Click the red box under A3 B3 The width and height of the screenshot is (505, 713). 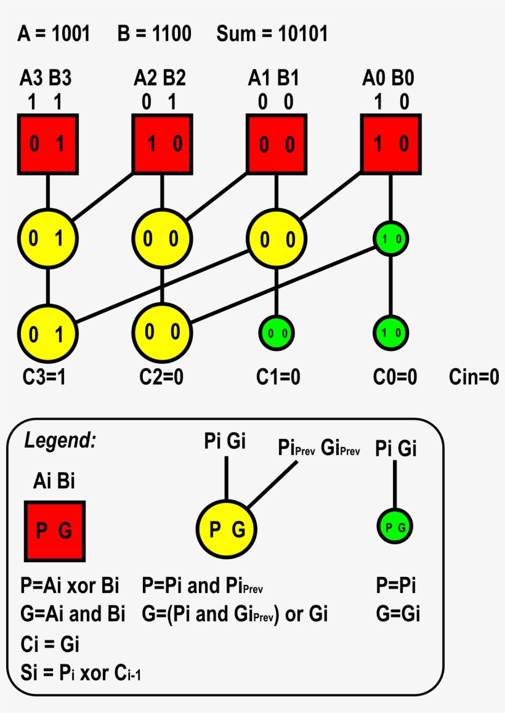(47, 144)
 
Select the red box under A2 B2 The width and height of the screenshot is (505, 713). (163, 144)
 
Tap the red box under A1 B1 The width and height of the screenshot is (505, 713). (277, 144)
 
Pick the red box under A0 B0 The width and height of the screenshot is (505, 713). (391, 144)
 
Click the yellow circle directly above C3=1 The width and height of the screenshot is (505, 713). (47, 333)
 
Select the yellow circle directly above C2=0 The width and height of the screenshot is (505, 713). (163, 332)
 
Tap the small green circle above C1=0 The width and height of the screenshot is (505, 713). (277, 333)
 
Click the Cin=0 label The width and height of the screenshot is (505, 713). (473, 377)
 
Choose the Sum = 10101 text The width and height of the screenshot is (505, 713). (272, 34)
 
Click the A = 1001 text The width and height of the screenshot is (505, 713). (54, 34)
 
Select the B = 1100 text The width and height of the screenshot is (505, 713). (154, 34)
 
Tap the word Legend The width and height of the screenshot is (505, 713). (60, 440)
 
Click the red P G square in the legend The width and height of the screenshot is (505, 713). (55, 531)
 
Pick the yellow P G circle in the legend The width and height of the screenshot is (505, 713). (226, 529)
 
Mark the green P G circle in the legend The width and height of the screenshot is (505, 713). (395, 527)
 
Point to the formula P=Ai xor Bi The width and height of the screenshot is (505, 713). (70, 585)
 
